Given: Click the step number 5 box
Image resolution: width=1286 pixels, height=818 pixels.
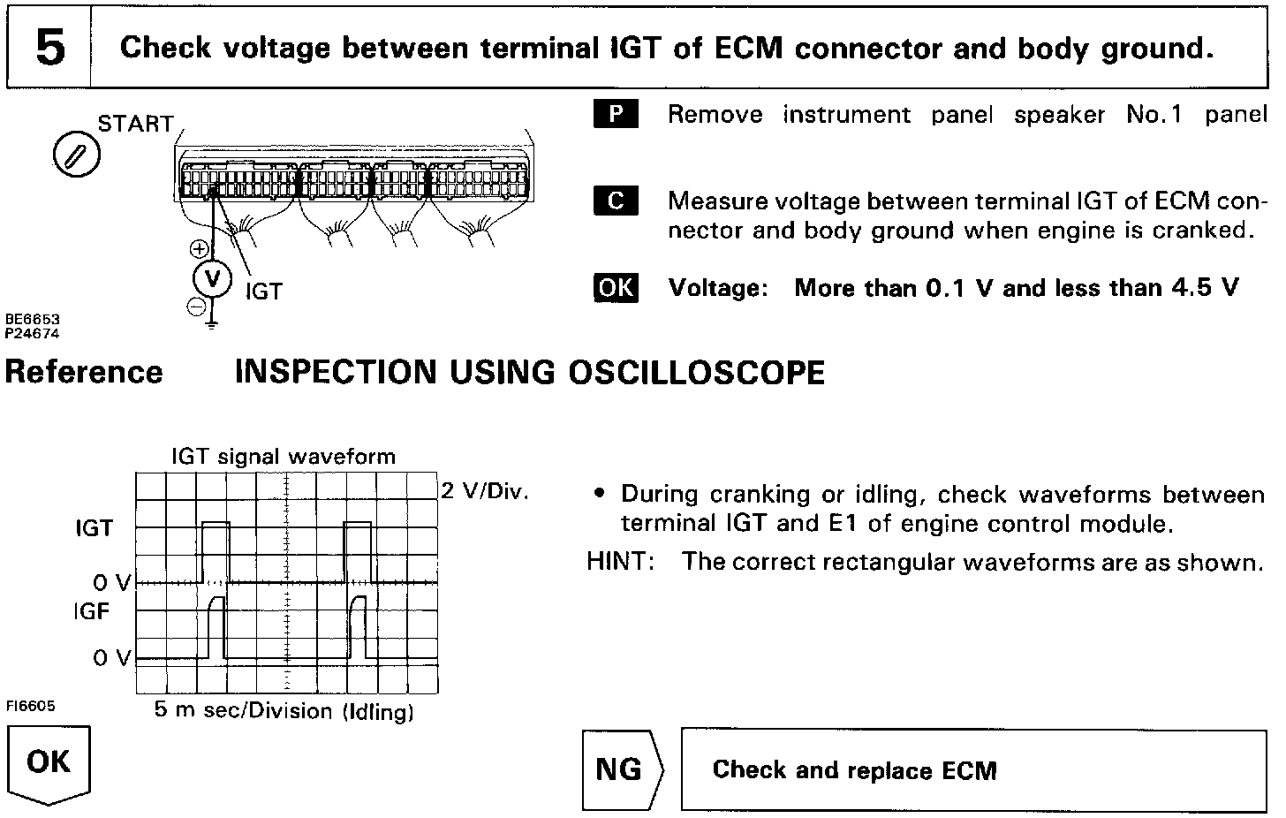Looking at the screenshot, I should (49, 48).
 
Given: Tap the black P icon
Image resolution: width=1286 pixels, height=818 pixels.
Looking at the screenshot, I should (615, 115).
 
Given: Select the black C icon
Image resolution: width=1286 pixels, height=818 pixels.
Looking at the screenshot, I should (615, 201).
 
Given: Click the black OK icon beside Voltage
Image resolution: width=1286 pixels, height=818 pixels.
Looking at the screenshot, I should (616, 288).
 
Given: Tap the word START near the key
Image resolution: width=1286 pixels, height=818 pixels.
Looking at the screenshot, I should (136, 125).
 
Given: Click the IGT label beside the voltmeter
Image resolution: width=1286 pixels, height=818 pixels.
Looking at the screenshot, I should (263, 292).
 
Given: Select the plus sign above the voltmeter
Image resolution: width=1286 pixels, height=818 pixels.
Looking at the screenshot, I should (200, 249).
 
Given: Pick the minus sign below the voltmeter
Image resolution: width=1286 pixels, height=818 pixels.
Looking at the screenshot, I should (197, 307).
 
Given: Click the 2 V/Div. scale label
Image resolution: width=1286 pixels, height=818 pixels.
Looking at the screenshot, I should (484, 491).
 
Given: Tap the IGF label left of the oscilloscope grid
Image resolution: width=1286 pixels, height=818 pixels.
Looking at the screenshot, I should (92, 610).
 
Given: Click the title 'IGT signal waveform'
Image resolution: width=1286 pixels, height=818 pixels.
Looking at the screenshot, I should (284, 457).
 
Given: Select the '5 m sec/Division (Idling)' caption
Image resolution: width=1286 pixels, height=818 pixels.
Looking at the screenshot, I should (284, 711).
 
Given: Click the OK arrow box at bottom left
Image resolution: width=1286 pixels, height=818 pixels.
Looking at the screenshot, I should (49, 763).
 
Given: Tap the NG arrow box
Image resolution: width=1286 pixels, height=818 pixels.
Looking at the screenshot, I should (621, 769).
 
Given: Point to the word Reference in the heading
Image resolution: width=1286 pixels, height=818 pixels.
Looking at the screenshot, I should (85, 372).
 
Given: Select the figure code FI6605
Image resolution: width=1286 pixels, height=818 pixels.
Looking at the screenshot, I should (30, 706).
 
